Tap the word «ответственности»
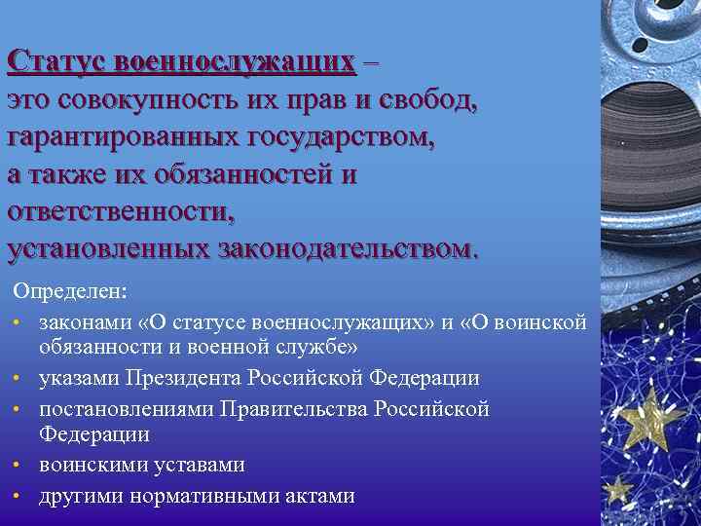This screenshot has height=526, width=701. pos(121,212)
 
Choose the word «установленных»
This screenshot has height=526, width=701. pos(106,249)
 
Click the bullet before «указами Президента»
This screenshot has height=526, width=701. pos(18,378)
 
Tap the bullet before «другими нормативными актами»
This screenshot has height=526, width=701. pos(18,496)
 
